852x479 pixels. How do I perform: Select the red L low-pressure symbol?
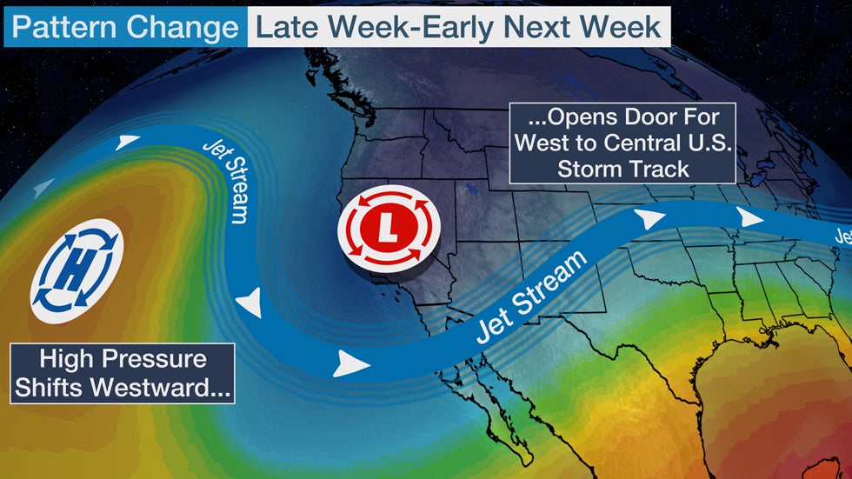389,230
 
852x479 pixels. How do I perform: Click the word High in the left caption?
70,359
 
